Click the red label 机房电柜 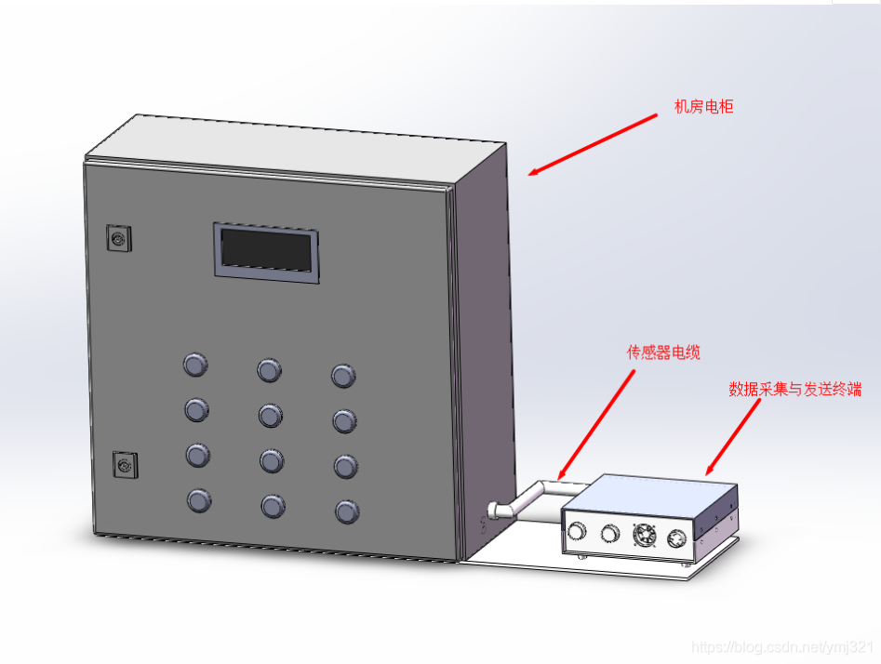(x=703, y=107)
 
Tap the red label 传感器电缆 (x=662, y=352)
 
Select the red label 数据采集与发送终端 (x=794, y=390)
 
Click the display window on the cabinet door (x=267, y=250)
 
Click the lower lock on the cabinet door (x=125, y=463)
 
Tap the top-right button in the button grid (x=343, y=377)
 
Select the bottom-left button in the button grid (x=199, y=501)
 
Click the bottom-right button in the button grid (x=347, y=511)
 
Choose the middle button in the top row (x=269, y=371)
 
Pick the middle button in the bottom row (x=273, y=506)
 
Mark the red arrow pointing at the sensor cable (x=596, y=423)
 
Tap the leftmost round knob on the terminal (x=578, y=531)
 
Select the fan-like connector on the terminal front (x=644, y=537)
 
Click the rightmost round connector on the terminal (x=676, y=538)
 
